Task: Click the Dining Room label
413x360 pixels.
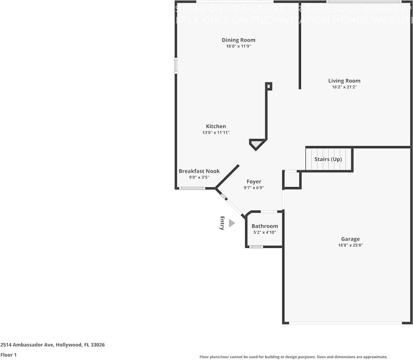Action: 238,40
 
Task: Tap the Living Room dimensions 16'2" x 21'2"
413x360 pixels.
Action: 344,87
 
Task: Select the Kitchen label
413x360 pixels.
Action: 216,126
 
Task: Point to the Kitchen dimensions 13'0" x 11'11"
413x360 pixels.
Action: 216,132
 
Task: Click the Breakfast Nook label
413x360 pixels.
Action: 199,171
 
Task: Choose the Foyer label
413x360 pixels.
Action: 254,182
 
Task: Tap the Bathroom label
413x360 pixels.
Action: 265,226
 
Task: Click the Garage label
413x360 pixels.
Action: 350,239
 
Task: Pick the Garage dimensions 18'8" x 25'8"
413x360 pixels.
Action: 350,245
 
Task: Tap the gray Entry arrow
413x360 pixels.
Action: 231,223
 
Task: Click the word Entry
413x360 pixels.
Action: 222,223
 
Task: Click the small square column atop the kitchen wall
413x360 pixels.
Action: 269,86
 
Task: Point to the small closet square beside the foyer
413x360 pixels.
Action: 292,180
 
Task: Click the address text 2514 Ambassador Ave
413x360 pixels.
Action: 53,345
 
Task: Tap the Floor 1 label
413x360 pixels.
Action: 8,355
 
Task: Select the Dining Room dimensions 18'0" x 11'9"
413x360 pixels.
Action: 238,46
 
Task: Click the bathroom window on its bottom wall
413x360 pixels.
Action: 256,247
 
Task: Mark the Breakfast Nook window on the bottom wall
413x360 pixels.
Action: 192,188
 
